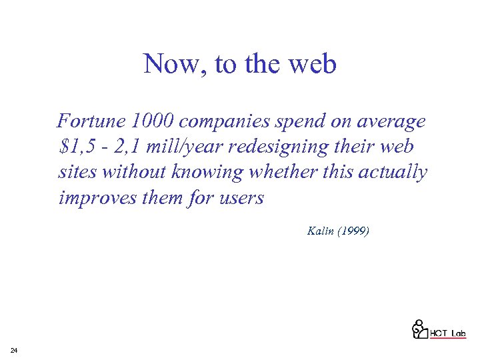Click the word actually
[393, 172]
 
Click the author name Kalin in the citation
[320, 231]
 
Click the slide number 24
[14, 350]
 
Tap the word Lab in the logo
[457, 333]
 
